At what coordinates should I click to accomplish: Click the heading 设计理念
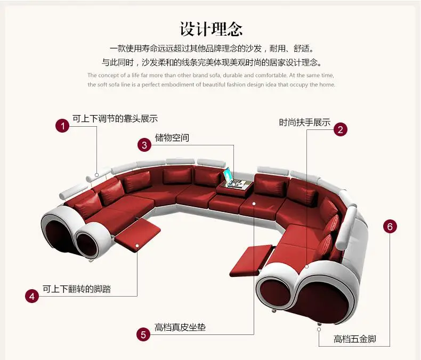tap(211, 28)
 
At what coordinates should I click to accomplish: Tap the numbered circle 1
tap(63, 126)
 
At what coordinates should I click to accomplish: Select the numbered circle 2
tap(341, 129)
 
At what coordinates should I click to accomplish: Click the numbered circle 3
tap(144, 144)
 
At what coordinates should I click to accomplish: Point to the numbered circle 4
tap(33, 296)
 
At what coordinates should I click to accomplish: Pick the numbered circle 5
tap(142, 334)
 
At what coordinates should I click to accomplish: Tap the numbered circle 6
tap(390, 226)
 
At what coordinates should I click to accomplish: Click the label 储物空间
tap(172, 138)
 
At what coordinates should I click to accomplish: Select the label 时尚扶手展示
tap(304, 122)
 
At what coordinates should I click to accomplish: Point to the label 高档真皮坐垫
tap(180, 328)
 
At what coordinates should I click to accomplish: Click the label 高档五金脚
tap(354, 339)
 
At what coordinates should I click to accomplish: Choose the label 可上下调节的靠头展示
tap(115, 119)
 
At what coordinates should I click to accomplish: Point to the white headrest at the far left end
tap(75, 189)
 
